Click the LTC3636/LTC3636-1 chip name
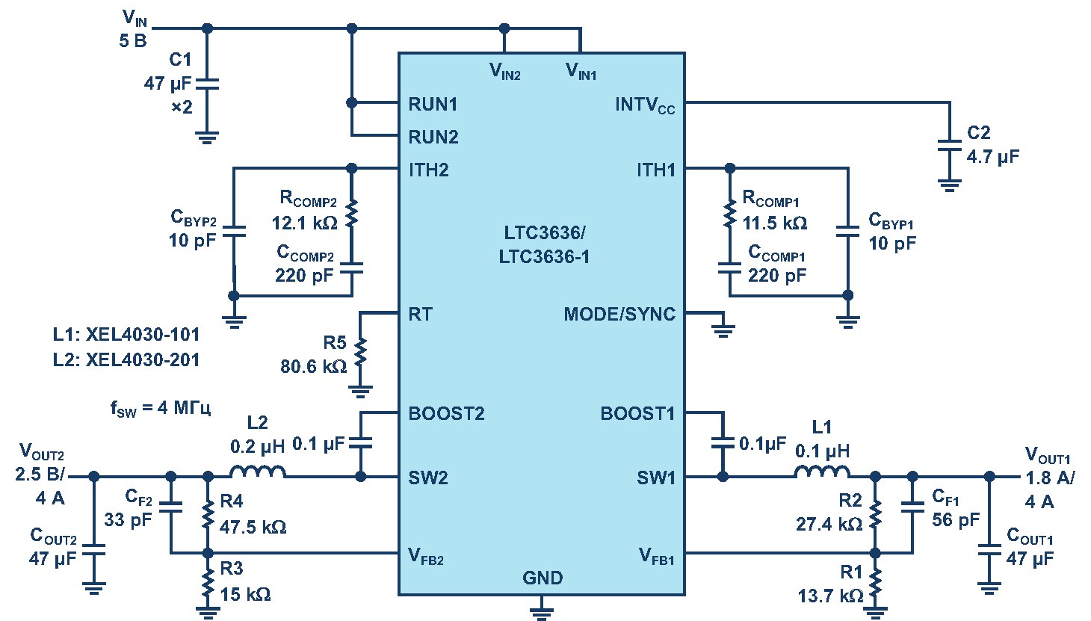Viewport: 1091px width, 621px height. [544, 244]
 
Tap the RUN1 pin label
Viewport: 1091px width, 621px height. [433, 104]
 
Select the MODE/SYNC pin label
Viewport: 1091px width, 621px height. [619, 314]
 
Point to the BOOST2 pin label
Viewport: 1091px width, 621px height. [446, 413]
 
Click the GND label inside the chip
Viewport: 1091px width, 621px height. [543, 578]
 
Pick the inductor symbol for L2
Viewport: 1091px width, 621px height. [258, 472]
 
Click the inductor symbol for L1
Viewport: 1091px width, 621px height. [822, 472]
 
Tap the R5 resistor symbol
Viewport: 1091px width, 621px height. [360, 353]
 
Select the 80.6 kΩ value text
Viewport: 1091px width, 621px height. [313, 366]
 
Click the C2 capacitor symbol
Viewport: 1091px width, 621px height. [949, 146]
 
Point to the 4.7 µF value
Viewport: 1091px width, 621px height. [992, 157]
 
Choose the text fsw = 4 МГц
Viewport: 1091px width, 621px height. [160, 408]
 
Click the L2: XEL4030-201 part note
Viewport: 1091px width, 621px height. [126, 360]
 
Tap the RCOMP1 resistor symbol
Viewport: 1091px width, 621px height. [729, 213]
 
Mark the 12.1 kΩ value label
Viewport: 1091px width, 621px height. [304, 223]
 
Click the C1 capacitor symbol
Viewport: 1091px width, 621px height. [208, 84]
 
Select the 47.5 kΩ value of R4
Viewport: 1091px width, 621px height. [253, 527]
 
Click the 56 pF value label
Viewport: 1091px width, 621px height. [955, 519]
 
